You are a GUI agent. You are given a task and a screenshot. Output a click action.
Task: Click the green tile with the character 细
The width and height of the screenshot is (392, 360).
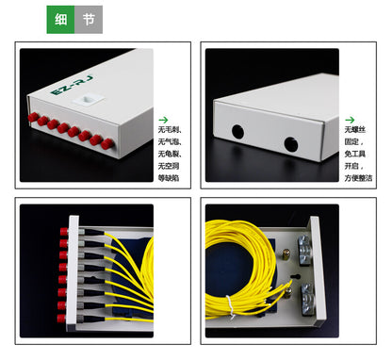click(x=60, y=20)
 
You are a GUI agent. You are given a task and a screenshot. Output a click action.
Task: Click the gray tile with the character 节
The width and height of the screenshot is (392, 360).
click(x=88, y=20)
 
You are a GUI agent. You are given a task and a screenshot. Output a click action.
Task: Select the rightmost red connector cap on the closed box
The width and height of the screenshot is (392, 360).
click(x=108, y=144)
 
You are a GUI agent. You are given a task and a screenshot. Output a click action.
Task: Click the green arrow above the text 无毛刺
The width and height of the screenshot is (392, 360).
click(x=163, y=119)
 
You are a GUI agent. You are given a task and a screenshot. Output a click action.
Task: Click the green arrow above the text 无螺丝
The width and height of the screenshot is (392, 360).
click(x=351, y=120)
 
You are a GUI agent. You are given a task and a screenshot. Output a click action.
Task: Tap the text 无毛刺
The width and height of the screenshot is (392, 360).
click(x=168, y=130)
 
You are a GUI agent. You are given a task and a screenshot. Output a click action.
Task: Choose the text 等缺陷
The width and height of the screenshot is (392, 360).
click(x=168, y=176)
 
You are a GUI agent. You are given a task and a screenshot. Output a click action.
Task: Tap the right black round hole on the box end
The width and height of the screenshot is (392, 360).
click(x=290, y=144)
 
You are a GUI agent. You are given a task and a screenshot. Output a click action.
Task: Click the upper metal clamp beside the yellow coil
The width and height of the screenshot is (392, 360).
click(x=303, y=249)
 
